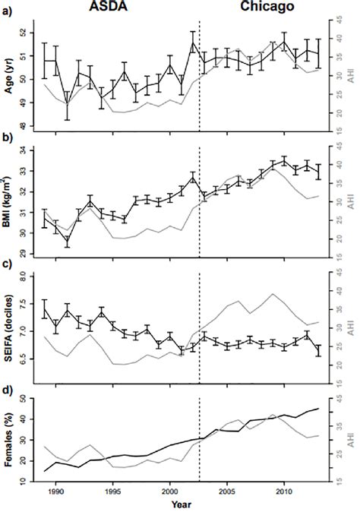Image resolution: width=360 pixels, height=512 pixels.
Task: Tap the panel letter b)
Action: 8,139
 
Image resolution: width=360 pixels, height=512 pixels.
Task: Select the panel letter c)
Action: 8,265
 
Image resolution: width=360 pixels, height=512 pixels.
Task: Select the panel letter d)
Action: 8,391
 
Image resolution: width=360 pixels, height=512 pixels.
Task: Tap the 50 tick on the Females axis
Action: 30,398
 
